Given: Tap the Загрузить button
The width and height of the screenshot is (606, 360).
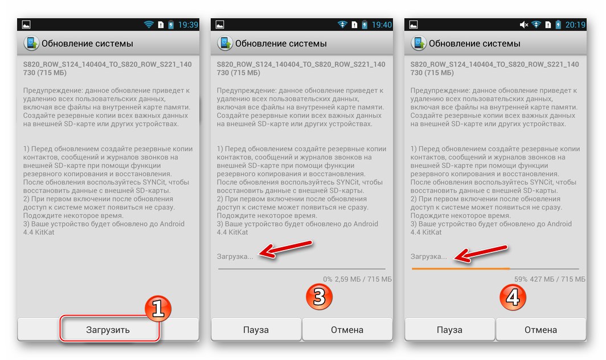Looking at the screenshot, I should coord(108,330).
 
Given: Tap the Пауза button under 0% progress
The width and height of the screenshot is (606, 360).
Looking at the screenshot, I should coord(256,330).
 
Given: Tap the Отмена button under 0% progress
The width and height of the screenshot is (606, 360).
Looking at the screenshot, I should coord(347,330).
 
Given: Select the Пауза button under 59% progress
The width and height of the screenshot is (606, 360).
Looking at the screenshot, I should coord(449,330).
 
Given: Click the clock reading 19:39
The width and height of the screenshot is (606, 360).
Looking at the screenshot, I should coord(189,24).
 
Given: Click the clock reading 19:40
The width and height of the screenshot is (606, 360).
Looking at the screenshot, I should coord(382,24).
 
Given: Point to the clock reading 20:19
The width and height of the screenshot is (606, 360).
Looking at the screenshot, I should coord(575,24).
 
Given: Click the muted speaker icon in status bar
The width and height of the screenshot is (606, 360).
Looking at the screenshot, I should coord(524,24).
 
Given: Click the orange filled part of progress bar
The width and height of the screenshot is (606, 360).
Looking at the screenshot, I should coord(460,268).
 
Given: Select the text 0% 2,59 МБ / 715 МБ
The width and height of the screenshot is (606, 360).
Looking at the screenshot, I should coord(358,279).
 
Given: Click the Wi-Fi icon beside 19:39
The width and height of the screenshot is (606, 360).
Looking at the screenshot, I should coord(149,24).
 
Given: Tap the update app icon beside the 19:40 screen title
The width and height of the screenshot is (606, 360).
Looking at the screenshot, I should coord(224,43).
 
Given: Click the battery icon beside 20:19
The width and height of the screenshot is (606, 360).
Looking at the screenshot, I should coord(559,24).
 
